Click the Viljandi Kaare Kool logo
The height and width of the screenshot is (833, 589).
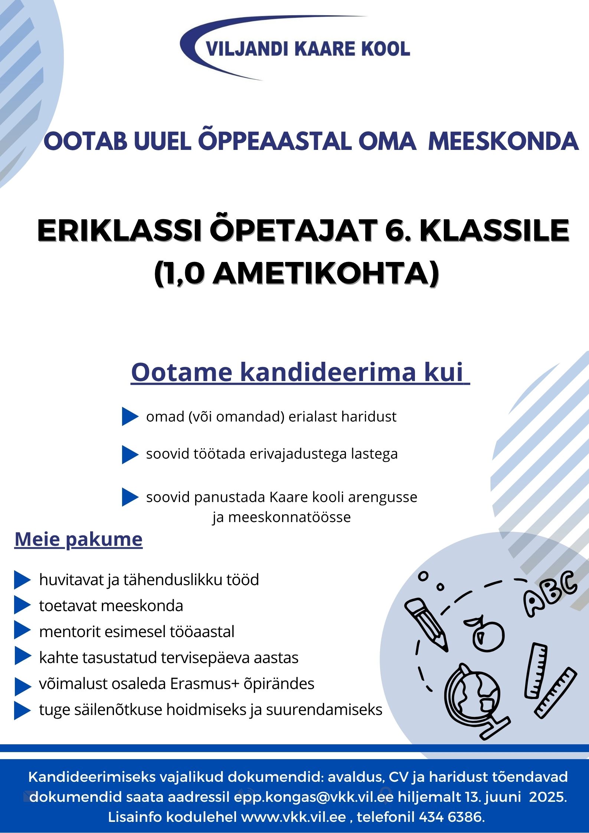coord(295,48)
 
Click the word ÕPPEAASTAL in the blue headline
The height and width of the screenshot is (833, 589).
coord(275,142)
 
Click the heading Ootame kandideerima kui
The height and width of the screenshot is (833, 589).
coord(300,372)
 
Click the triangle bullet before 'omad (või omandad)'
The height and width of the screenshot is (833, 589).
coord(130,417)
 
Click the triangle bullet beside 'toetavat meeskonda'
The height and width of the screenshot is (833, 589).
coord(22,606)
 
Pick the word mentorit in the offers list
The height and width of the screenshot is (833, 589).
coord(65,632)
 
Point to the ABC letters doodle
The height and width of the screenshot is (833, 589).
coord(550,594)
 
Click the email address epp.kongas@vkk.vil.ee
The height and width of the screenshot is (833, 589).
coord(314,797)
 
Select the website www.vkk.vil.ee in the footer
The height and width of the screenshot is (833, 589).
coord(294,817)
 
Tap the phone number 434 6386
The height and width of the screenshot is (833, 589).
coord(451,817)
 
